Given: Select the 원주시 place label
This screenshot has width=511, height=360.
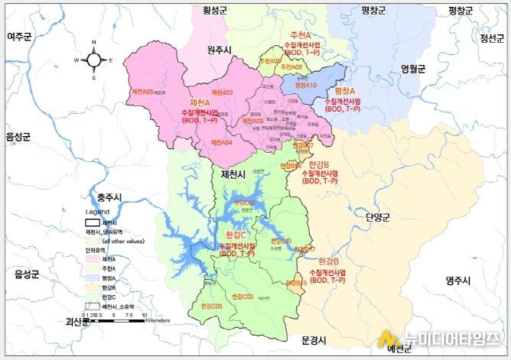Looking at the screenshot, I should [x=222, y=50].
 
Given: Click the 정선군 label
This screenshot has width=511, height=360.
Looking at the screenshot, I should [x=493, y=39].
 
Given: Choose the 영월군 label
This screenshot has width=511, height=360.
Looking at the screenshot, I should [x=413, y=68].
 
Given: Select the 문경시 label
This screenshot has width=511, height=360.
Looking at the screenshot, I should [x=314, y=339].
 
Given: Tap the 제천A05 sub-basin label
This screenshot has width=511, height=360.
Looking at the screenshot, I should [x=142, y=92].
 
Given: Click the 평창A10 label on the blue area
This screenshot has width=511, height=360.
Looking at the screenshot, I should [x=305, y=86].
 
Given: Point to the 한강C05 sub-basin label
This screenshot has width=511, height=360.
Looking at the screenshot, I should [x=211, y=306].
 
